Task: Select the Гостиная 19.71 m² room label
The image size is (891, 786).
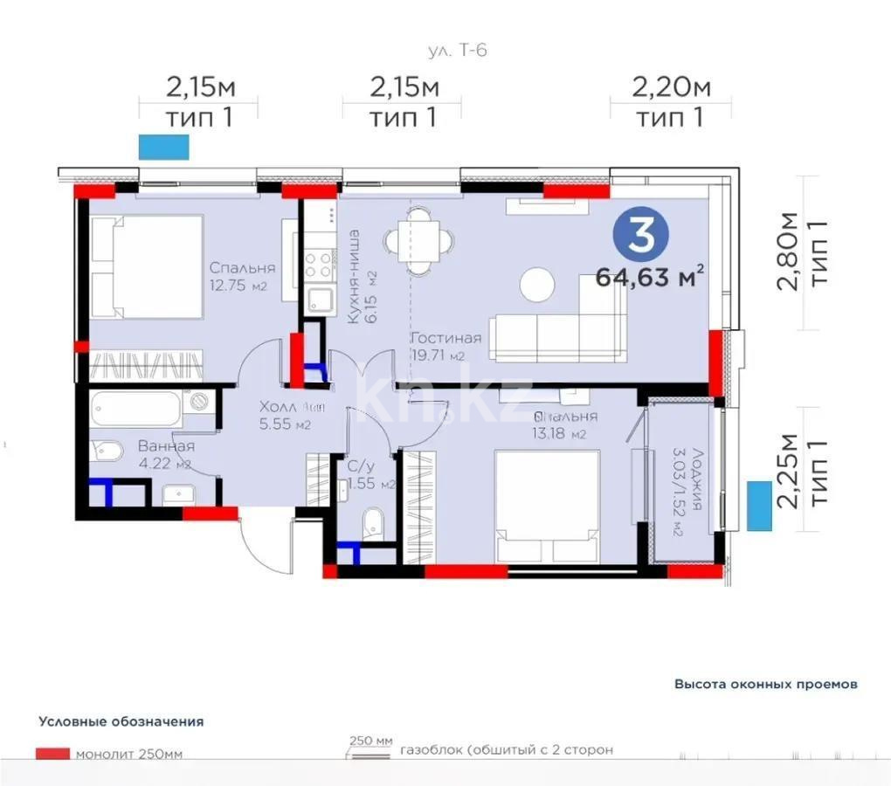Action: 446,346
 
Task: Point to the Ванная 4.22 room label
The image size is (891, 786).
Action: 166,453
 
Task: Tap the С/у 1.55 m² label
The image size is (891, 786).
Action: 371,475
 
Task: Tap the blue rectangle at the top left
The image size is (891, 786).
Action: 163,147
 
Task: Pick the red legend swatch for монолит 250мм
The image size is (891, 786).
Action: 52,754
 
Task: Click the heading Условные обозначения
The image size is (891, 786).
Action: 121,721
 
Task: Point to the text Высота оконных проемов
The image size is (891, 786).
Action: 765,684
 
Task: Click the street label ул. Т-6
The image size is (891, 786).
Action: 457,50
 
